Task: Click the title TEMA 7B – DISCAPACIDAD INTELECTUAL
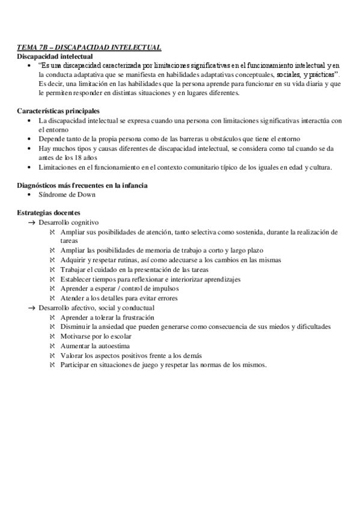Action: [89, 48]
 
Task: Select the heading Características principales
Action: [58, 111]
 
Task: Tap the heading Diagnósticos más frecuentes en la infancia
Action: [82, 185]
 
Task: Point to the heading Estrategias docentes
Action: [49, 213]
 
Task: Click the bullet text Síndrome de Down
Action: [66, 195]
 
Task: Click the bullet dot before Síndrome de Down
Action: [30, 195]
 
